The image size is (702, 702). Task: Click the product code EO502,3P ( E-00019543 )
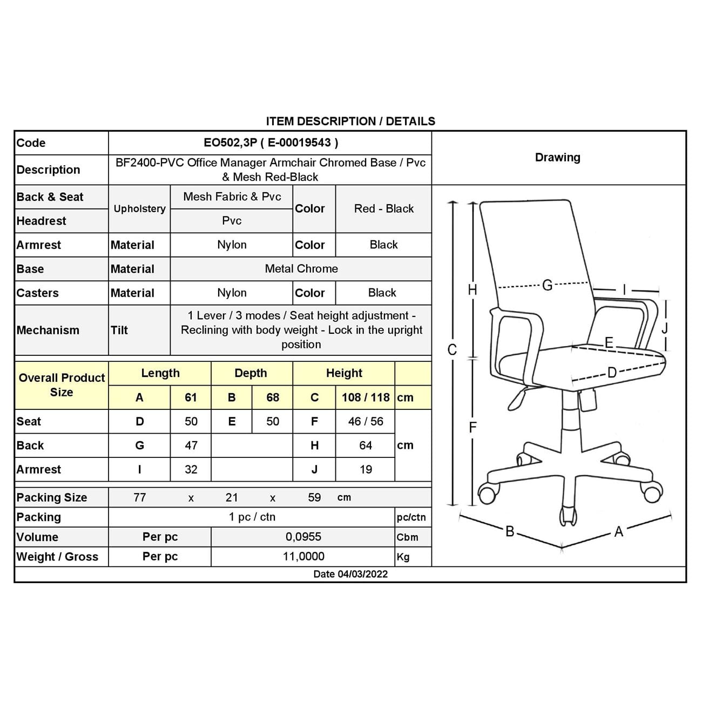coord(271,143)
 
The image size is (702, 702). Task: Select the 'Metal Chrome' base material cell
coord(301,269)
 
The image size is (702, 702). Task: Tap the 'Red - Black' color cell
coord(383,209)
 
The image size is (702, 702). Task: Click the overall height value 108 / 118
coord(366,397)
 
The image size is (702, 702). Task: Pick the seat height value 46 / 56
coord(366,421)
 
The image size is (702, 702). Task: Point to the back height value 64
coord(366,446)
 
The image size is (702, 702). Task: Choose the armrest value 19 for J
coord(366,469)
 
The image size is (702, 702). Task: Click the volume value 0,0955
coord(303,537)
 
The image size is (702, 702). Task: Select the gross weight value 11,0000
coord(303,556)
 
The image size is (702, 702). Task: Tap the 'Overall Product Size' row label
coord(62,385)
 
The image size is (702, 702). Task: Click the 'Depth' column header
coord(251,373)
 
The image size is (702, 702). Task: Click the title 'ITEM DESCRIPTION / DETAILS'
coord(350,121)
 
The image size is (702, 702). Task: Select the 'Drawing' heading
coord(557,158)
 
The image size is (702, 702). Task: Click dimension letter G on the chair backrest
coord(547,285)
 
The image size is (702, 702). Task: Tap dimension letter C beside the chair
coord(453,350)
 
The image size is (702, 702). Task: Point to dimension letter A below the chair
coord(619,532)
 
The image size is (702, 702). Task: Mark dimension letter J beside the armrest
coord(665,328)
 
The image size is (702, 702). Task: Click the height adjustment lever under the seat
coord(517,399)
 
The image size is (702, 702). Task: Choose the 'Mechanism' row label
coord(48,330)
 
